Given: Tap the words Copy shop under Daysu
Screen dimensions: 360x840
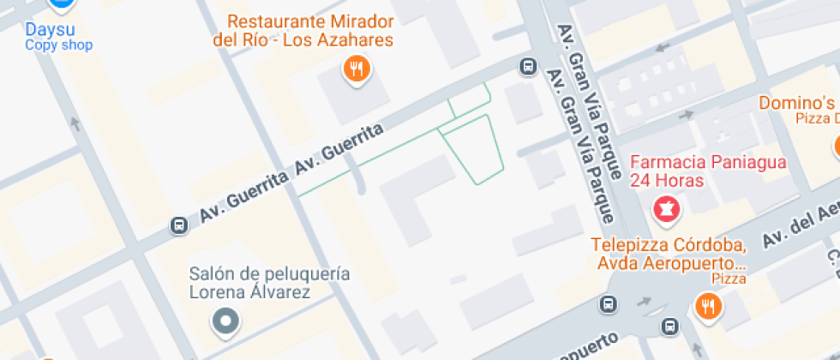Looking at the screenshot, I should tap(58, 45).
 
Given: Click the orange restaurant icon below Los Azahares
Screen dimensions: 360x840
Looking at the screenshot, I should tap(356, 69).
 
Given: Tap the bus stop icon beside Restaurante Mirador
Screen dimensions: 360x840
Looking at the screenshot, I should tap(527, 66).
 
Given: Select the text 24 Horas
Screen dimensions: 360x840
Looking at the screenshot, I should tap(667, 181).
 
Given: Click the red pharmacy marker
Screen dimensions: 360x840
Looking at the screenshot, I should tap(666, 207).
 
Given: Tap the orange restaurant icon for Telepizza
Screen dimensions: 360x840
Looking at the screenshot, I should tap(707, 305).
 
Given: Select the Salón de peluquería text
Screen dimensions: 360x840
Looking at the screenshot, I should tap(270, 274).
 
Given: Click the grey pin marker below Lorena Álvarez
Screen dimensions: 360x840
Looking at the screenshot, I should tap(226, 321).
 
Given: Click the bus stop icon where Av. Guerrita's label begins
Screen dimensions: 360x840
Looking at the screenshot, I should tap(179, 225).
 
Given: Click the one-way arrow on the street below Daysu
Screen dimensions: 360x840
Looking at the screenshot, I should tap(75, 124).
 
